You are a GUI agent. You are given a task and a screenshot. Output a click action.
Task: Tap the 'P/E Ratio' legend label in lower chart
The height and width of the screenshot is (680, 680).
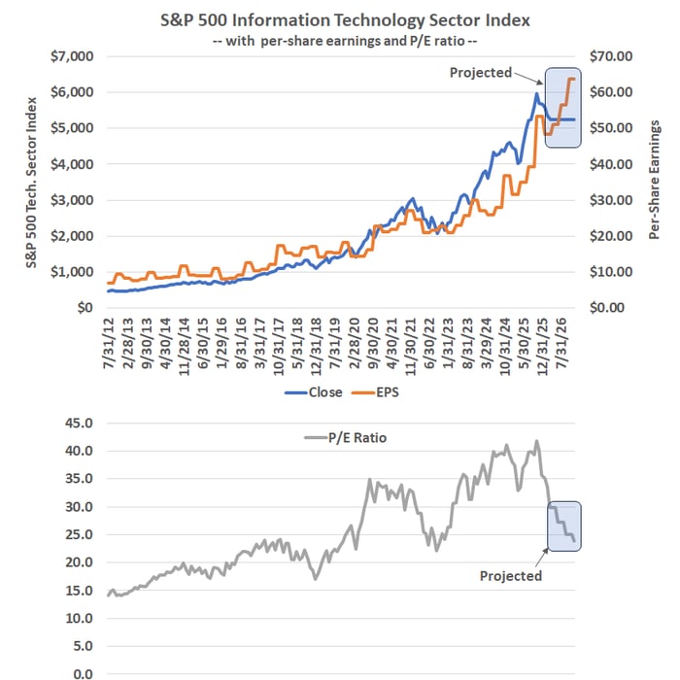(357, 438)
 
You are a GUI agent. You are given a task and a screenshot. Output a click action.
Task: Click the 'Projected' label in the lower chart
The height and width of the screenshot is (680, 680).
(511, 576)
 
